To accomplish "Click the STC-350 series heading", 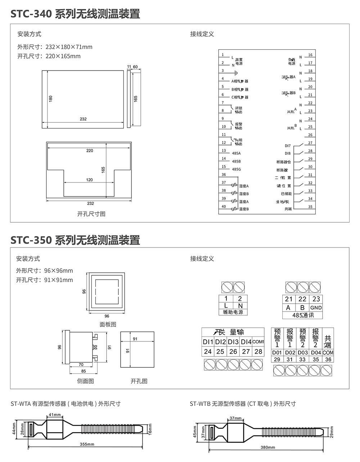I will [x=75, y=240].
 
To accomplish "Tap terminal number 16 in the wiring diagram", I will [x=310, y=55].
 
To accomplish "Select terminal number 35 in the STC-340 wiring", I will [x=310, y=207].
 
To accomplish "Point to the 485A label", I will [x=236, y=153].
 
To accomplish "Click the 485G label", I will [x=236, y=169].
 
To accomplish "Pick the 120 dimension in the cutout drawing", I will [x=89, y=180].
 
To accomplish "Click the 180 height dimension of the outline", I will [x=51, y=98].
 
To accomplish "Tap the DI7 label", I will [x=288, y=146].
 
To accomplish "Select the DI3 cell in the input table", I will [x=233, y=342].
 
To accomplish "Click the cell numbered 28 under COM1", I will [x=258, y=352].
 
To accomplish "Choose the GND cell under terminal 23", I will [x=316, y=308].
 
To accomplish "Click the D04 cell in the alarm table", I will [x=316, y=353].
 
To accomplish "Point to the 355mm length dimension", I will [x=87, y=444].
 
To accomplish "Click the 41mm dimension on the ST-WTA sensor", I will [x=55, y=415].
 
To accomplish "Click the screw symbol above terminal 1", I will [x=226, y=287].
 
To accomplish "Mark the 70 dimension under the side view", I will [x=81, y=365].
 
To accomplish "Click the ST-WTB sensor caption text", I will [x=243, y=404].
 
